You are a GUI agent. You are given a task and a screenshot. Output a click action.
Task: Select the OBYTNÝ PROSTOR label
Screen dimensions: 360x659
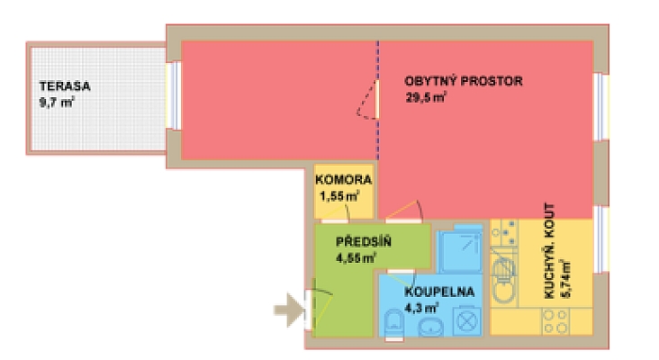(x=464, y=81)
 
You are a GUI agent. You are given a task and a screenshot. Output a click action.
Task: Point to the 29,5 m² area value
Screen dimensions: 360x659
(x=426, y=96)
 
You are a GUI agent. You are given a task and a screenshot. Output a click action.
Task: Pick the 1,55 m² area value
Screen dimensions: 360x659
(x=340, y=194)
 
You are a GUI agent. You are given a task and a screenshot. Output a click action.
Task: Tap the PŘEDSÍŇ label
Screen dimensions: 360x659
(x=362, y=243)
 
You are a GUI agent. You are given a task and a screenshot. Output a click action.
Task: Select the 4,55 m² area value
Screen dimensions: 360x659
(x=356, y=258)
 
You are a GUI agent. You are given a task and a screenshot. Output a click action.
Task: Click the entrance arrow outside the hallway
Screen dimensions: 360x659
(x=288, y=310)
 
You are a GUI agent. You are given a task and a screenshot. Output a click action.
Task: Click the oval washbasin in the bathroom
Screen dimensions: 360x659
(x=430, y=326)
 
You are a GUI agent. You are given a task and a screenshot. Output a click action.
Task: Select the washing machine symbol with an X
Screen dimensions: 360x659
(x=466, y=321)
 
